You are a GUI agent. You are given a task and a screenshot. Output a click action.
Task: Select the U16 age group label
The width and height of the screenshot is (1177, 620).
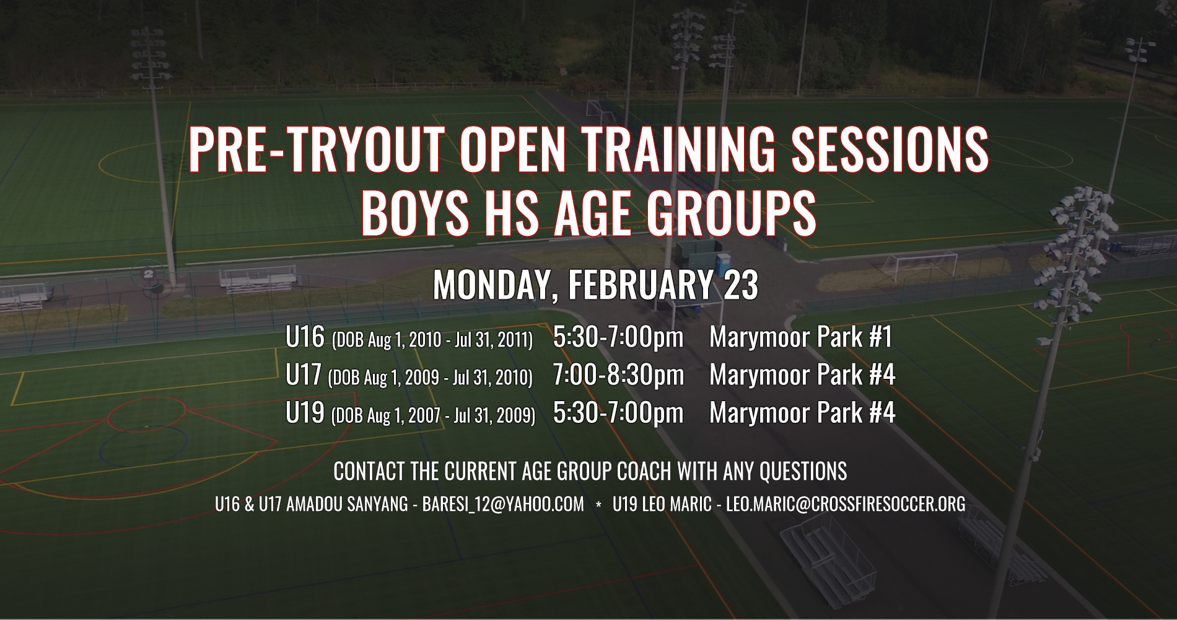(305, 337)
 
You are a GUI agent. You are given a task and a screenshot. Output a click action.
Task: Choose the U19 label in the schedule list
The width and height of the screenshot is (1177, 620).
(305, 413)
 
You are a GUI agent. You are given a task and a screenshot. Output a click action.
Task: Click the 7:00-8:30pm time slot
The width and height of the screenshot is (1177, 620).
(619, 375)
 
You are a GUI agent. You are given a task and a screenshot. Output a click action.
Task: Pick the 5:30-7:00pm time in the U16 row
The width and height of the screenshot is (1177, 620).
(619, 337)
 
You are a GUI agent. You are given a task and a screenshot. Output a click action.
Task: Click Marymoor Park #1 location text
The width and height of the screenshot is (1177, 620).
(800, 337)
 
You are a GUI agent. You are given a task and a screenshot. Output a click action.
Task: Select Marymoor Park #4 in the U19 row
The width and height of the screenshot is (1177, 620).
(802, 413)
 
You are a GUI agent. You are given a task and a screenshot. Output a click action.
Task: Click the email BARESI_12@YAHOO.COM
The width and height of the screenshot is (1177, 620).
(503, 504)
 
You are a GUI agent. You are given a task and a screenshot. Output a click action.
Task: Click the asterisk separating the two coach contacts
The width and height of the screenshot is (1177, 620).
(598, 505)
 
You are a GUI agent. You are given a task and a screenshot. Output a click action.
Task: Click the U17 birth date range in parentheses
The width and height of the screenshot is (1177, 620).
(430, 378)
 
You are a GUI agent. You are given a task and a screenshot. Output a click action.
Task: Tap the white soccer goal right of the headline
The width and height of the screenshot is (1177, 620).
(919, 266)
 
